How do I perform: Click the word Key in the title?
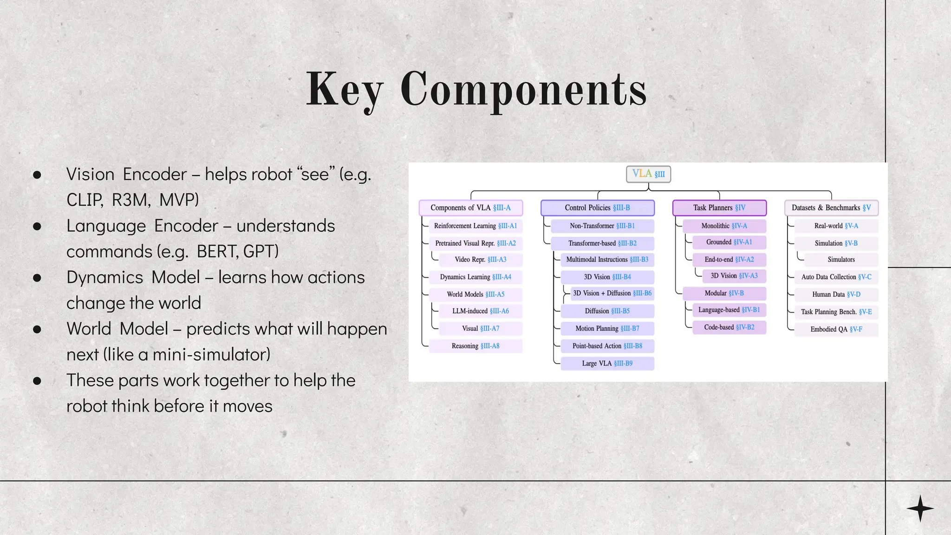[345, 89]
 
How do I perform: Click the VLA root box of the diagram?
[648, 174]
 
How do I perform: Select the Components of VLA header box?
[470, 208]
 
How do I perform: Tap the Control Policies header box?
[597, 208]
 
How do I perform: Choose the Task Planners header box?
[719, 208]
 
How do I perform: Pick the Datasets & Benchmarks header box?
[831, 208]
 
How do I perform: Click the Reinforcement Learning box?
[475, 226]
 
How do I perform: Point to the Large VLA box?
[607, 363]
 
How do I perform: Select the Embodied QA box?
[836, 329]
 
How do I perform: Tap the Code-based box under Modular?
[729, 327]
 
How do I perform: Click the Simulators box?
[841, 260]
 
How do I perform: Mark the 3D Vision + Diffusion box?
[612, 293]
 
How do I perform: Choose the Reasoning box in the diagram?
[475, 346]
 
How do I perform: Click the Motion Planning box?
[607, 328]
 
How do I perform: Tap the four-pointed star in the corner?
[920, 508]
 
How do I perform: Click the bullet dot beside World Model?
[37, 329]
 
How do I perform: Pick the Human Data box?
[836, 294]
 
